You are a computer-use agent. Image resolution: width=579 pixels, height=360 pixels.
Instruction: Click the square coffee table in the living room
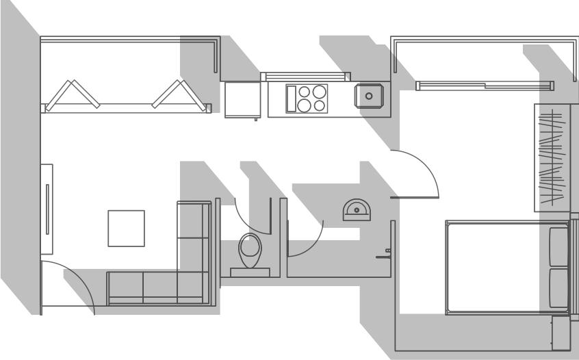[126, 229]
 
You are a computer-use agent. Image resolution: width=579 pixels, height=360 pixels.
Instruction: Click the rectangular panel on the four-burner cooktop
[291, 99]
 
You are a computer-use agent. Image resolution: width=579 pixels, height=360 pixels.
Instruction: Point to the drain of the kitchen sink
[370, 97]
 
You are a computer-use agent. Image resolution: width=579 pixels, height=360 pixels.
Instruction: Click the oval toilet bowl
[250, 249]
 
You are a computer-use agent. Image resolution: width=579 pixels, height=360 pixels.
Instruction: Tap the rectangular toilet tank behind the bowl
[250, 272]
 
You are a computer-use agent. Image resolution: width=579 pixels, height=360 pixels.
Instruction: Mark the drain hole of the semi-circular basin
[357, 210]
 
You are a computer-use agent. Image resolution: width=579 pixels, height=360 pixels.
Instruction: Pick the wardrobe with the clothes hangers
[552, 157]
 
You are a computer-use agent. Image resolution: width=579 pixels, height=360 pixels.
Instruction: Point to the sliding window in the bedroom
[485, 86]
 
